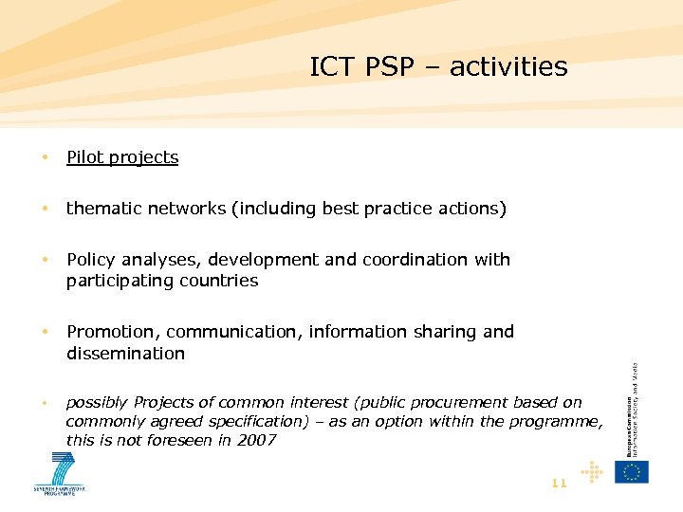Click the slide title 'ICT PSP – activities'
coord(438,67)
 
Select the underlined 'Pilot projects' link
coord(122,157)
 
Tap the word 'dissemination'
coord(125,354)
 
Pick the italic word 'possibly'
coord(98,403)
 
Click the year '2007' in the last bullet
coord(256,440)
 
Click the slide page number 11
coord(559,483)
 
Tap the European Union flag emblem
coord(633,471)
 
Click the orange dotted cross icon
coord(592,471)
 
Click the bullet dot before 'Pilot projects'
coord(45,157)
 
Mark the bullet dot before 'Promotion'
coord(45,332)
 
